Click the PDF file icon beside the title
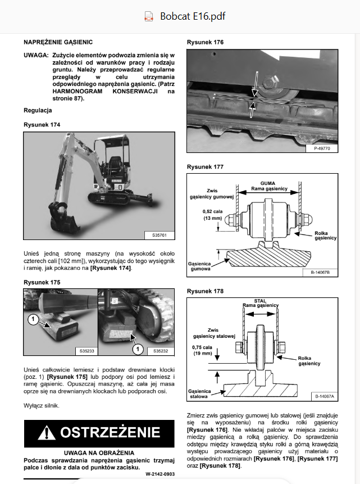(149, 16)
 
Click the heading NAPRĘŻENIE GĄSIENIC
(58, 42)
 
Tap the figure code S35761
(159, 235)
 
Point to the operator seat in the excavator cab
(115, 163)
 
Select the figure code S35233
(86, 351)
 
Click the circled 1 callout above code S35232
(138, 350)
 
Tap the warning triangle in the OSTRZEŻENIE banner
(46, 432)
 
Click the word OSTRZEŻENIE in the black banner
(110, 432)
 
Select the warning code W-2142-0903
(160, 474)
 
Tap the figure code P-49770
(322, 148)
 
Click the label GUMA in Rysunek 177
(267, 183)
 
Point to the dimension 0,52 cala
(212, 211)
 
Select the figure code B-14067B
(320, 272)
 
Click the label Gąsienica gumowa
(199, 266)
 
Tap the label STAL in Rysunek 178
(260, 301)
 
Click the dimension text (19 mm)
(203, 353)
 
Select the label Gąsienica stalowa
(199, 393)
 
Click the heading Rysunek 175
(42, 282)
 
